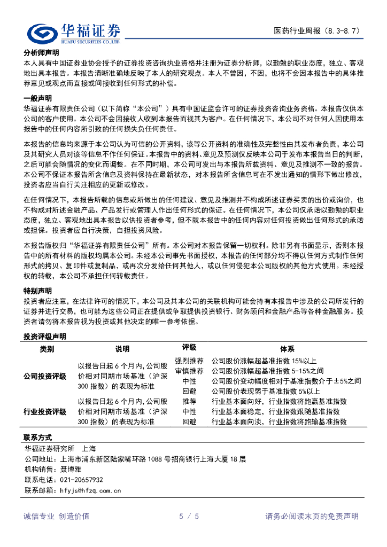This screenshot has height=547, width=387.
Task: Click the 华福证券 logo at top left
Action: [x=74, y=34]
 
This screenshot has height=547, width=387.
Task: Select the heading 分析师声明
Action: [x=41, y=53]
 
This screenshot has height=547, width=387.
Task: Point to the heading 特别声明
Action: [x=37, y=291]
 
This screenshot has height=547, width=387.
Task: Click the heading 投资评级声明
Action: [x=45, y=337]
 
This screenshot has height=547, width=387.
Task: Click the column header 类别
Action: [x=47, y=349]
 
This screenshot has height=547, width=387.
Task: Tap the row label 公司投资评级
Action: [x=45, y=376]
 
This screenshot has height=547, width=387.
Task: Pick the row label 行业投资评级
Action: [x=45, y=411]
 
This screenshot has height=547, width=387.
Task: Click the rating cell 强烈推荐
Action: [x=189, y=361]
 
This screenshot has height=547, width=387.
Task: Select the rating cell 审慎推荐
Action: [x=189, y=371]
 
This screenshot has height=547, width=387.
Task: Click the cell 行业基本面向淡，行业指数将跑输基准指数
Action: [x=279, y=421]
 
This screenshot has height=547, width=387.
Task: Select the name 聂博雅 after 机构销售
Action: [x=71, y=469]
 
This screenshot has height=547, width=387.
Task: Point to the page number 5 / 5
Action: [x=189, y=516]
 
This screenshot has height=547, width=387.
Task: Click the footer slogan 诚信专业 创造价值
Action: [x=57, y=516]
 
